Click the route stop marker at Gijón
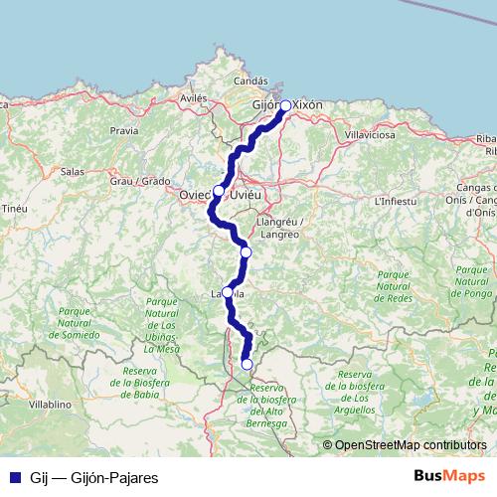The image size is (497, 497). pyautogui.click(x=285, y=105)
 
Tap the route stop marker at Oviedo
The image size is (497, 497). pyautogui.click(x=219, y=190)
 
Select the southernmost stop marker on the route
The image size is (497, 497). pyautogui.click(x=248, y=365)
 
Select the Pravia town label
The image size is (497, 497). pyautogui.click(x=125, y=130)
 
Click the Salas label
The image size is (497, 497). pyautogui.click(x=72, y=171)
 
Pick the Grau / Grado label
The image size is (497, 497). pyautogui.click(x=140, y=182)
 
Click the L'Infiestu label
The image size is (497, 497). pyautogui.click(x=394, y=202)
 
